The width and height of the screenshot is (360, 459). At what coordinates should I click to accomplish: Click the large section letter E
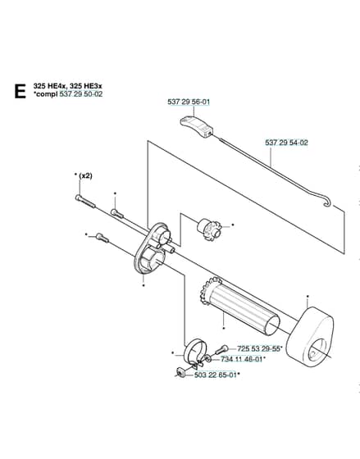pyautogui.click(x=20, y=91)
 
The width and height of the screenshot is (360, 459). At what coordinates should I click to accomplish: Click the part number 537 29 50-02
pyautogui.click(x=81, y=94)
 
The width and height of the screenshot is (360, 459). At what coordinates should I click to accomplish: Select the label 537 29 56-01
pyautogui.click(x=189, y=102)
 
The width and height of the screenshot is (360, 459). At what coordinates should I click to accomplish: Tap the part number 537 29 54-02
pyautogui.click(x=286, y=143)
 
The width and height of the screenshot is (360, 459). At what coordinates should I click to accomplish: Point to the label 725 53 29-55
pyautogui.click(x=258, y=348)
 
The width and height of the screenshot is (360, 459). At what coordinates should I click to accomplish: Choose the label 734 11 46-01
pyautogui.click(x=242, y=359)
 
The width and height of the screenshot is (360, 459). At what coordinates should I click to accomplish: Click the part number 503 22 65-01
pyautogui.click(x=216, y=375)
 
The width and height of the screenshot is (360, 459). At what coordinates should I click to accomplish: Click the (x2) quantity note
pyautogui.click(x=85, y=176)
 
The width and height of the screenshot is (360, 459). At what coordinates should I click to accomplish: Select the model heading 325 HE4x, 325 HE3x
pyautogui.click(x=68, y=86)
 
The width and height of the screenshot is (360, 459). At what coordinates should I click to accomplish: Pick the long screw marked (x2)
pyautogui.click(x=85, y=201)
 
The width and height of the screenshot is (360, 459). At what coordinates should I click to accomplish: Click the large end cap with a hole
pyautogui.click(x=310, y=337)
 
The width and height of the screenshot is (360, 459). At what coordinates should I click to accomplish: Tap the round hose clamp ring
pyautogui.click(x=194, y=352)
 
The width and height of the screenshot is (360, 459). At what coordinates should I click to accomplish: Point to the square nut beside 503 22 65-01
pyautogui.click(x=180, y=372)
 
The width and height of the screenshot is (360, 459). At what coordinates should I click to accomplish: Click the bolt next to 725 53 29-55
pyautogui.click(x=221, y=349)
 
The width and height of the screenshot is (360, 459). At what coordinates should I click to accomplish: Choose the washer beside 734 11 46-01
pyautogui.click(x=207, y=358)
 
